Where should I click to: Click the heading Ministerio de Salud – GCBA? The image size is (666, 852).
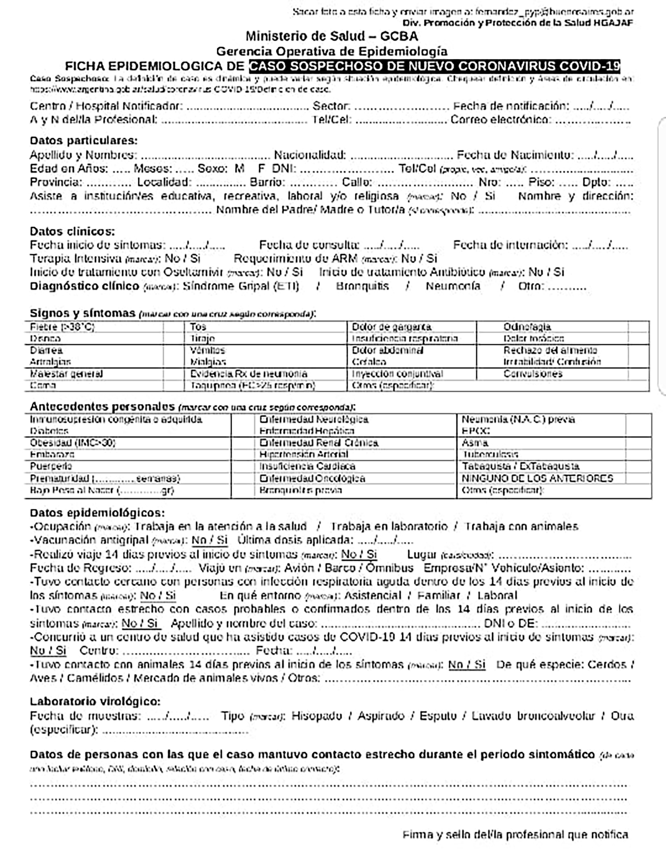(332, 36)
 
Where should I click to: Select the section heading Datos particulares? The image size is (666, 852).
(84, 140)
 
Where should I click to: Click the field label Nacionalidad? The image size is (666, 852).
(310, 155)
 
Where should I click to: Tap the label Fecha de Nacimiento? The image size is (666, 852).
(515, 155)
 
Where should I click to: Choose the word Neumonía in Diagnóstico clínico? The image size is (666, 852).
(453, 286)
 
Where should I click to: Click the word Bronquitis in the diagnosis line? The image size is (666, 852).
(362, 286)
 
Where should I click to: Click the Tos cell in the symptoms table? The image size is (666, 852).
(198, 327)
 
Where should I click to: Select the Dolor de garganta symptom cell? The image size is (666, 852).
(391, 327)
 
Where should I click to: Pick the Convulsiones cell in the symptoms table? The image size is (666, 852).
(532, 374)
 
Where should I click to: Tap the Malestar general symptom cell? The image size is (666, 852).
(66, 374)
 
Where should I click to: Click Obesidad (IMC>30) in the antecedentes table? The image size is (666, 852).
(72, 443)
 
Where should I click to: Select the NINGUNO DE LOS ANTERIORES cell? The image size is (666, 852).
(537, 478)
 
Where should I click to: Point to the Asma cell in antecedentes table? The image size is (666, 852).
(475, 443)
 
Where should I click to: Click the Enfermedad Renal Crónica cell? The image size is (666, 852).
(318, 443)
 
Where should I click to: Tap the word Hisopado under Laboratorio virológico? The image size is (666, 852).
(316, 716)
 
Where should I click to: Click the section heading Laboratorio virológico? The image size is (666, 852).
(95, 702)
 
